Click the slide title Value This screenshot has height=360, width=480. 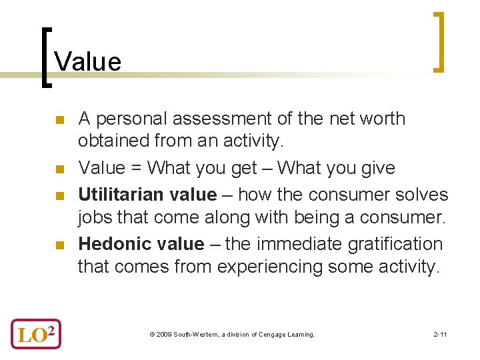click(88, 61)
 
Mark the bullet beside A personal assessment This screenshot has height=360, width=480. click(59, 121)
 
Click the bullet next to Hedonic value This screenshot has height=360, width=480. click(59, 246)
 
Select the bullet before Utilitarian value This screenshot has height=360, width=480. click(59, 197)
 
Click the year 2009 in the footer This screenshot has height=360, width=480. click(163, 334)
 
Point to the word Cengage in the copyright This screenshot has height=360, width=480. click(267, 334)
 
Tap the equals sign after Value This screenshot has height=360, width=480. click(137, 168)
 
